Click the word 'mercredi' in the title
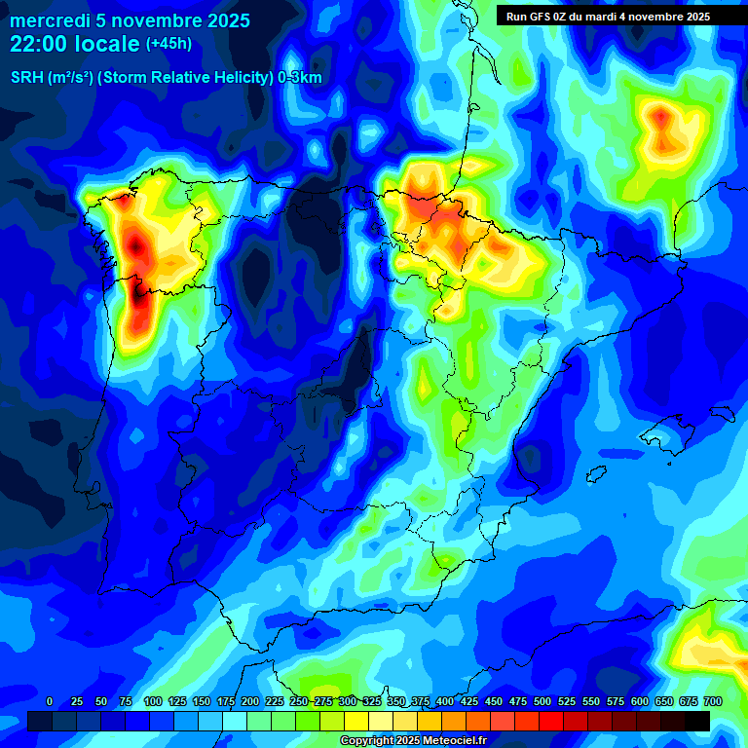pos(47,20)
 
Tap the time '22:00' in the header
pos(40,44)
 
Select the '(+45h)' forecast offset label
pos(168,44)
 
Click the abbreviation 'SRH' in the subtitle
pos(27,78)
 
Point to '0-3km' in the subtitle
pos(299,78)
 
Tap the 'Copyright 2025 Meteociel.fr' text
pos(427,741)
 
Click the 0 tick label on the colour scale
pos(50,701)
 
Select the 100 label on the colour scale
pos(153,701)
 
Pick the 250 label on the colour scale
pos(299,701)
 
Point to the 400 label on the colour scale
pos(445,701)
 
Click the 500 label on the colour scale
pos(542,701)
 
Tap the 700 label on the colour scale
pos(713,701)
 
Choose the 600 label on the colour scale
pos(640,701)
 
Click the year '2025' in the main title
pos(224,20)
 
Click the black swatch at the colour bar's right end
pos(697,722)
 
